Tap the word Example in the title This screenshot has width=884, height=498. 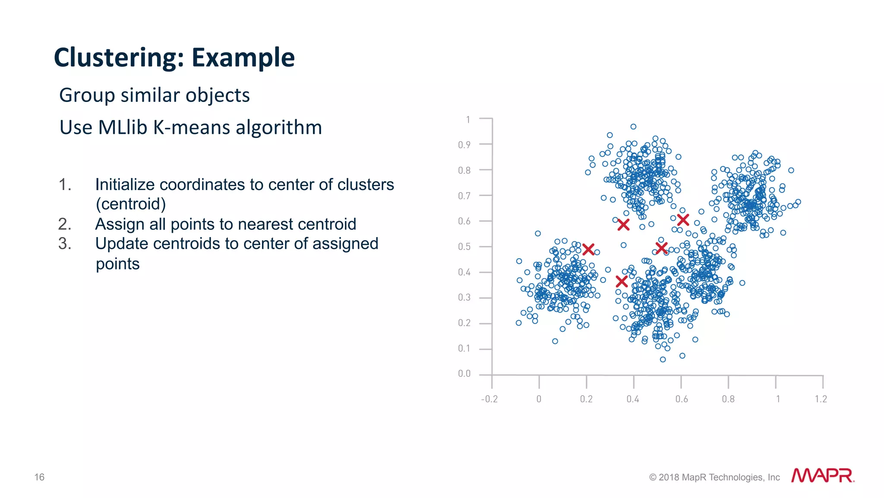pos(243,58)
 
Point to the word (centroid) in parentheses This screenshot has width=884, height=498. pos(131,204)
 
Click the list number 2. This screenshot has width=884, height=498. pos(65,224)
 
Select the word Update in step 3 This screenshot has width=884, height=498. pos(122,244)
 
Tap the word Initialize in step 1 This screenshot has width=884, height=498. pos(125,184)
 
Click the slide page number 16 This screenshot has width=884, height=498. pos(39,477)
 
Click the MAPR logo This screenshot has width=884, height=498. pos(822,476)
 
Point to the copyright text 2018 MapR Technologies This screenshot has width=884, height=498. pos(714,477)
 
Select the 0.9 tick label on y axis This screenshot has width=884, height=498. pos(464,145)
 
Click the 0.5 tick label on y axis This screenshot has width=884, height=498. pos(464,247)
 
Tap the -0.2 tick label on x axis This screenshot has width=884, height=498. pos(489,399)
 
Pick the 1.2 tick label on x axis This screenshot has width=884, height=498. pos(821,399)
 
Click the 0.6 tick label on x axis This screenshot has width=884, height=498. pos(682,399)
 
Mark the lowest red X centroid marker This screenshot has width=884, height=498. pos(622,282)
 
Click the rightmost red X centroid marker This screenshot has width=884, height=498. pos(683,220)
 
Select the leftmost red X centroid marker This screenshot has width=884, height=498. pos(588,249)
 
